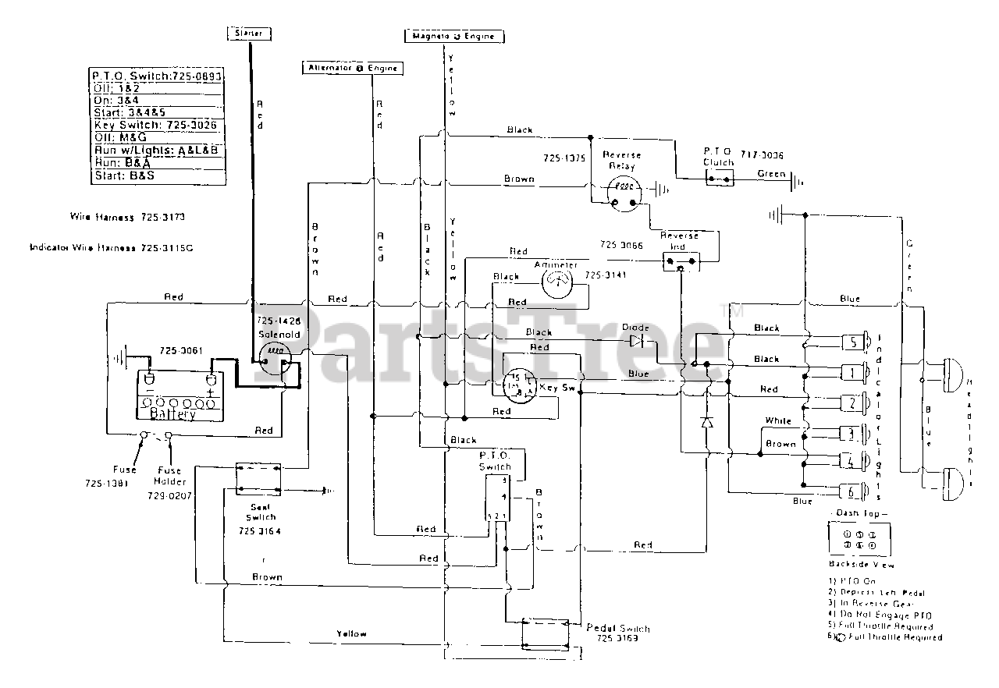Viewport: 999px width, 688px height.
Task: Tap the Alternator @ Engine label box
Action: (x=351, y=68)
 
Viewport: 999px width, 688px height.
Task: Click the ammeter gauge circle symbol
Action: (x=556, y=280)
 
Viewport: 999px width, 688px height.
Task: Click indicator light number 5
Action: (x=855, y=341)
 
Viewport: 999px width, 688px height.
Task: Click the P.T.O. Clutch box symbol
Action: (x=718, y=179)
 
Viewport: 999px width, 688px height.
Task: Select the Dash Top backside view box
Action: (x=859, y=538)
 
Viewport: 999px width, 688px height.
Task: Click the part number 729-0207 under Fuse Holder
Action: (x=170, y=495)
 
